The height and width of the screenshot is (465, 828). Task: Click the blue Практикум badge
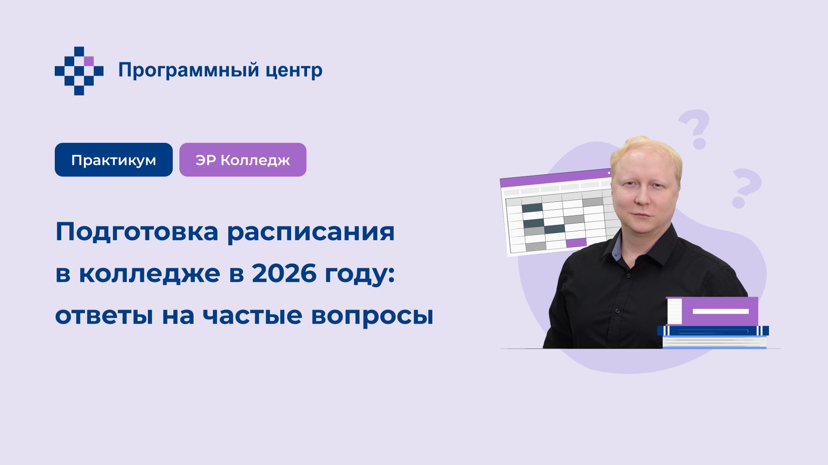113,160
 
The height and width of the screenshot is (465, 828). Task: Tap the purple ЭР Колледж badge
243,160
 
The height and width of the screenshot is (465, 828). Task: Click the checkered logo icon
79,71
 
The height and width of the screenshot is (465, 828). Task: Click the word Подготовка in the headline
137,232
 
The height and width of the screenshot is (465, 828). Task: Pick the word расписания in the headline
310,232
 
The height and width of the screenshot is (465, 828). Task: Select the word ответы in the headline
104,315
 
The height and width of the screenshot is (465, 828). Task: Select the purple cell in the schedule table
576,242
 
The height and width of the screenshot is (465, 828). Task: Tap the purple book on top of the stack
712,311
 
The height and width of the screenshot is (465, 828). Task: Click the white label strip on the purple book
720,311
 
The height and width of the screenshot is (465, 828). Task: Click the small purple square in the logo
89,61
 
